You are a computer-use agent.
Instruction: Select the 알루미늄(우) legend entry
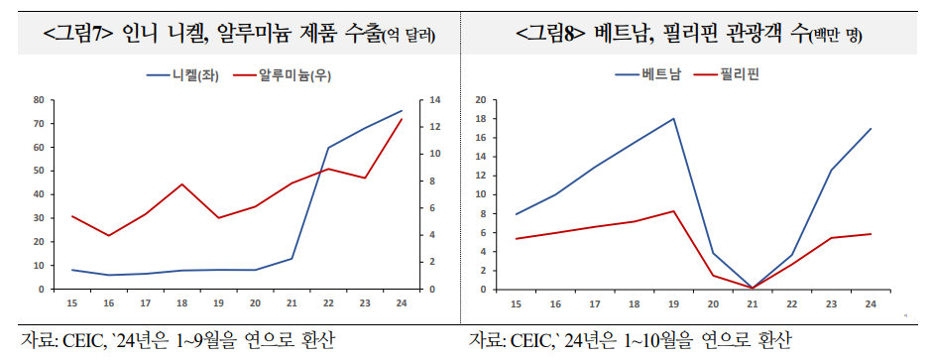click(295, 75)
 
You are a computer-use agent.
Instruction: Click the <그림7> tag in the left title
click(80, 34)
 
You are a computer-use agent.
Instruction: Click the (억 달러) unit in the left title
click(409, 36)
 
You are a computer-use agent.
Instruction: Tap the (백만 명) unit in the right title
click(836, 36)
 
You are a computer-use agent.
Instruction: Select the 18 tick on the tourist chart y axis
click(480, 119)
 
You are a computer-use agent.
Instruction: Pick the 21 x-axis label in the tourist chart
click(752, 303)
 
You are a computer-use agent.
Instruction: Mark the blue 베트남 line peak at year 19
click(674, 119)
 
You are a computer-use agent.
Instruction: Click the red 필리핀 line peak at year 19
click(674, 211)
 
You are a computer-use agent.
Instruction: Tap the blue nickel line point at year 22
click(328, 148)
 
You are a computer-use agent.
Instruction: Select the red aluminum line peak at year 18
click(182, 183)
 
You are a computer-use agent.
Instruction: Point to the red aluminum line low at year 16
click(109, 235)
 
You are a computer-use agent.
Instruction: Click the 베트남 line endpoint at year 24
click(871, 129)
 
